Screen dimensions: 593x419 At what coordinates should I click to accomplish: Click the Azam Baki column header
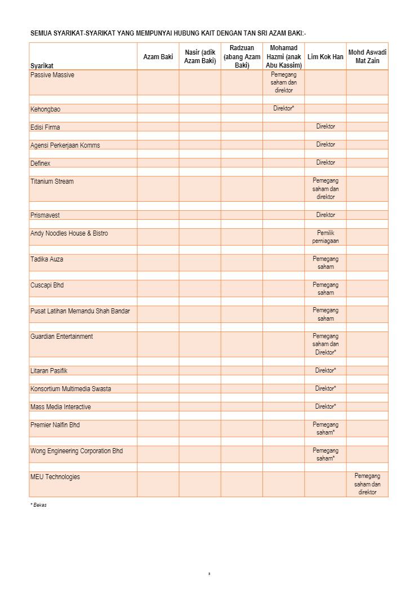click(x=158, y=57)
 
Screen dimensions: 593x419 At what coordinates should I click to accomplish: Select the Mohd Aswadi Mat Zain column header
click(x=367, y=56)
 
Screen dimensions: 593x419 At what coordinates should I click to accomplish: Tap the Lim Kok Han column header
click(x=325, y=57)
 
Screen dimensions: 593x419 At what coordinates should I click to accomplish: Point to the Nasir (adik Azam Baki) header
click(x=200, y=56)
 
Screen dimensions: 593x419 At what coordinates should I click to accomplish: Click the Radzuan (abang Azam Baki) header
click(x=242, y=56)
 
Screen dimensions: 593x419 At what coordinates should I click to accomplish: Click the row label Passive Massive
click(x=52, y=75)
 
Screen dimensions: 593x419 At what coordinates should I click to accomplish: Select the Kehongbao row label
click(x=45, y=109)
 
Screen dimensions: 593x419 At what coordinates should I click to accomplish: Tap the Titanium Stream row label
click(x=52, y=182)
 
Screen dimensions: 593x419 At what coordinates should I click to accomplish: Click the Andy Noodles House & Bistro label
click(x=69, y=233)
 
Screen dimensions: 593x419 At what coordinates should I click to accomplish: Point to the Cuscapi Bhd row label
click(x=47, y=285)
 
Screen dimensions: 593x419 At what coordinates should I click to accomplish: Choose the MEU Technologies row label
click(x=55, y=477)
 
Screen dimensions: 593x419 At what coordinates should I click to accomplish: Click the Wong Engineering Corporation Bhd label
click(x=77, y=451)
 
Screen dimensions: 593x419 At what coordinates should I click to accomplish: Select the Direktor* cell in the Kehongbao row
click(x=284, y=108)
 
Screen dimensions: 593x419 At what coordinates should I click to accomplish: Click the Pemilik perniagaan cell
click(x=326, y=237)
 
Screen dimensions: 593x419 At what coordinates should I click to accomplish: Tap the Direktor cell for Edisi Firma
click(x=326, y=127)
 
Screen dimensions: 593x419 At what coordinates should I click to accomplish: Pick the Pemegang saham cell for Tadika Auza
click(x=326, y=263)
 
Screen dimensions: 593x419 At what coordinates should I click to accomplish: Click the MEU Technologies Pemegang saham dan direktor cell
click(x=367, y=484)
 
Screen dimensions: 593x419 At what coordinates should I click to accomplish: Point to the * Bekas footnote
click(x=38, y=505)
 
